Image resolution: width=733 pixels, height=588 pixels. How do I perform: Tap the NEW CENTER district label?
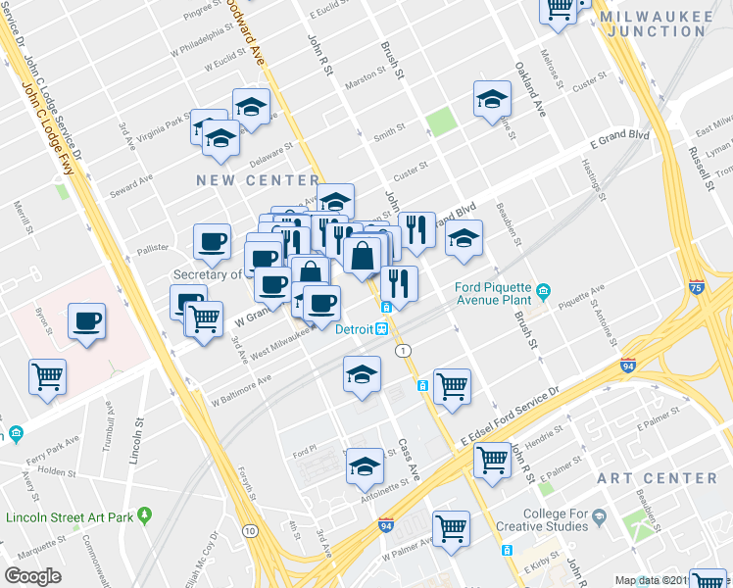258,180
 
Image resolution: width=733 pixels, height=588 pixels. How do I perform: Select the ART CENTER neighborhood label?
670,478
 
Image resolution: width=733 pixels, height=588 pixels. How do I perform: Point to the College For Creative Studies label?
556,519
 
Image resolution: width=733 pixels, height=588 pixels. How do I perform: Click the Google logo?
32,576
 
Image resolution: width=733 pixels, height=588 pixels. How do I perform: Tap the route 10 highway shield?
252,531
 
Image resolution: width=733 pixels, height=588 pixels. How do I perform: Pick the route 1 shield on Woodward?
402,351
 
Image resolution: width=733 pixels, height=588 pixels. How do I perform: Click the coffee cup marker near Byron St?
86,320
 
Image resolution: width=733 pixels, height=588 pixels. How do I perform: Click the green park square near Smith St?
441,122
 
